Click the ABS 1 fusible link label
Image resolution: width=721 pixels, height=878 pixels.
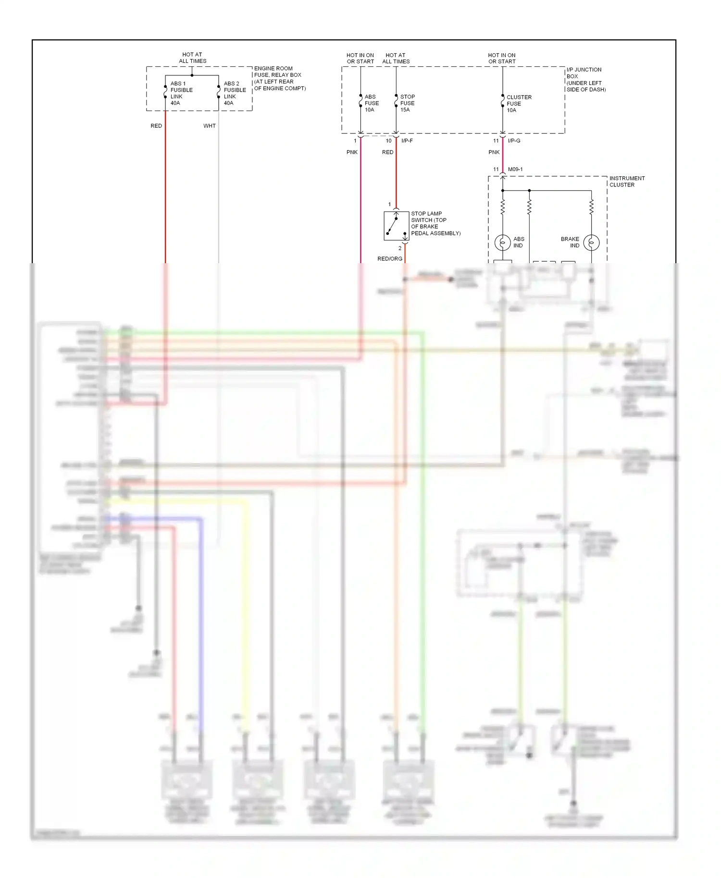181,93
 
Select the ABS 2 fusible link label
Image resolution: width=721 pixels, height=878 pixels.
235,93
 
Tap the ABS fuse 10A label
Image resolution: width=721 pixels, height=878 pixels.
371,103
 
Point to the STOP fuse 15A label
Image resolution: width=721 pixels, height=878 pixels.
407,103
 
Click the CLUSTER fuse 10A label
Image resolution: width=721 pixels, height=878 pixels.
519,104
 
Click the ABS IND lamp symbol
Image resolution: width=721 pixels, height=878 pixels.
502,243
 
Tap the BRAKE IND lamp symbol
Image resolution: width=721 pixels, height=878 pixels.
591,243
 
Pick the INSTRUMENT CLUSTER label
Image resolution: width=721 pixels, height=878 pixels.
627,182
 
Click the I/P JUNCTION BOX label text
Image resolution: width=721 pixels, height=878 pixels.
585,80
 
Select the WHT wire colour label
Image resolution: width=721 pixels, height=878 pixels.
210,126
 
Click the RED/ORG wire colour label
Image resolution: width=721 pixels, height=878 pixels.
390,259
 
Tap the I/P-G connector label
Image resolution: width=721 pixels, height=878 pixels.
514,141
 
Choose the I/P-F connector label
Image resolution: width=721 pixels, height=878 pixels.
407,141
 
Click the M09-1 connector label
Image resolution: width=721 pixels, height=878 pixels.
515,170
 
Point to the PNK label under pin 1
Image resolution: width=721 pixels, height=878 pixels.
352,152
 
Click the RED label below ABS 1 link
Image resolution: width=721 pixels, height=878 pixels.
156,126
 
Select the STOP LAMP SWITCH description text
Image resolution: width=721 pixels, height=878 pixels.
435,223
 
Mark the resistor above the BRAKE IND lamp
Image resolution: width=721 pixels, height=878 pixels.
591,207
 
